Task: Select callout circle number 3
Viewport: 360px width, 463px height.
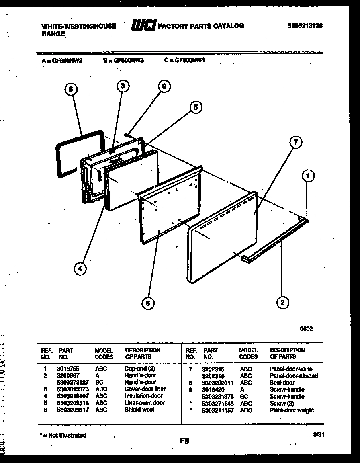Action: [123, 86]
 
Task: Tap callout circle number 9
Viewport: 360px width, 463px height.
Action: [164, 86]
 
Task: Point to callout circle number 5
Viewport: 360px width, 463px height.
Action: [195, 107]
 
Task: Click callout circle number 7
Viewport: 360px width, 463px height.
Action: [295, 142]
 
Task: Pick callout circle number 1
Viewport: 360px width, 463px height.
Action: [308, 175]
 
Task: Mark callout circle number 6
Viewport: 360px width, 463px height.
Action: [148, 303]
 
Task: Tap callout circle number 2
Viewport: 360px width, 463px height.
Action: [282, 302]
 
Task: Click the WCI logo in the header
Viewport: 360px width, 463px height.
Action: [143, 26]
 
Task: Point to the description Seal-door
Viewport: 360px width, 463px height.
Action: [282, 383]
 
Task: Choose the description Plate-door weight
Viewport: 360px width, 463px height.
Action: [292, 410]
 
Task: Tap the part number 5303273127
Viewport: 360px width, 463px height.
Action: [72, 382]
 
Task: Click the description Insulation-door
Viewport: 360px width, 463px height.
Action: [143, 396]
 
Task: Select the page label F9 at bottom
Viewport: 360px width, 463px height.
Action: [184, 441]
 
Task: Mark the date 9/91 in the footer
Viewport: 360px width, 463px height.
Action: [317, 434]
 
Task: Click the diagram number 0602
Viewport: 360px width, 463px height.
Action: [306, 328]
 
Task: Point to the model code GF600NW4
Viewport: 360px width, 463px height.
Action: [190, 61]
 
